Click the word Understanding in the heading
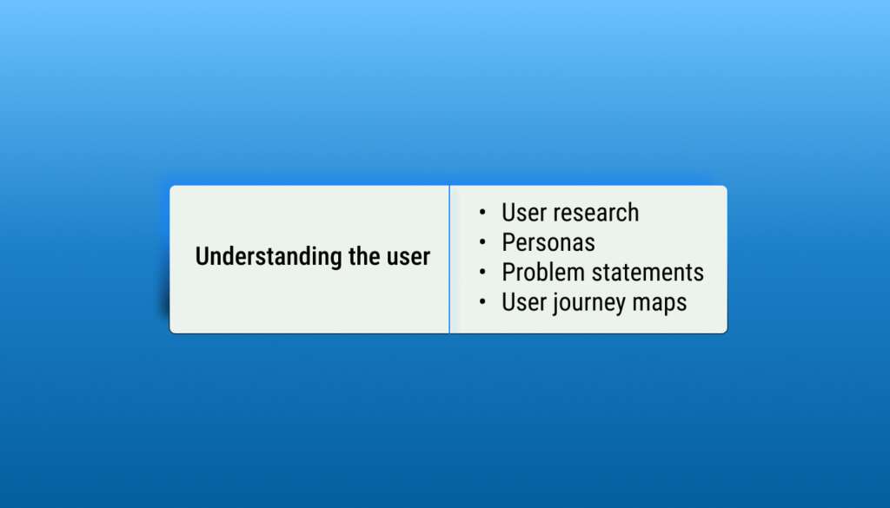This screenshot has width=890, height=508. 269,257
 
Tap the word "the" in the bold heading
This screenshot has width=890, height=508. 364,255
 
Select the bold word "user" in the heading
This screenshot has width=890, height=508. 408,258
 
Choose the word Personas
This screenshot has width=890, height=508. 548,242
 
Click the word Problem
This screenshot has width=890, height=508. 543,272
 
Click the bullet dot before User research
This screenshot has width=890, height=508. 482,213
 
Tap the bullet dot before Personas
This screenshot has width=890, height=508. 482,242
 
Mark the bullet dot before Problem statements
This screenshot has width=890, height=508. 482,272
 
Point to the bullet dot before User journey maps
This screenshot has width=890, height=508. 482,302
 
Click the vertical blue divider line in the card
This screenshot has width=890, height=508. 449,259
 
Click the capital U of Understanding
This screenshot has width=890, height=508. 202,256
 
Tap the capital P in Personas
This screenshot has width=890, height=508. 508,242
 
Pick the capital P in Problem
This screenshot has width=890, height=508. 508,272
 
